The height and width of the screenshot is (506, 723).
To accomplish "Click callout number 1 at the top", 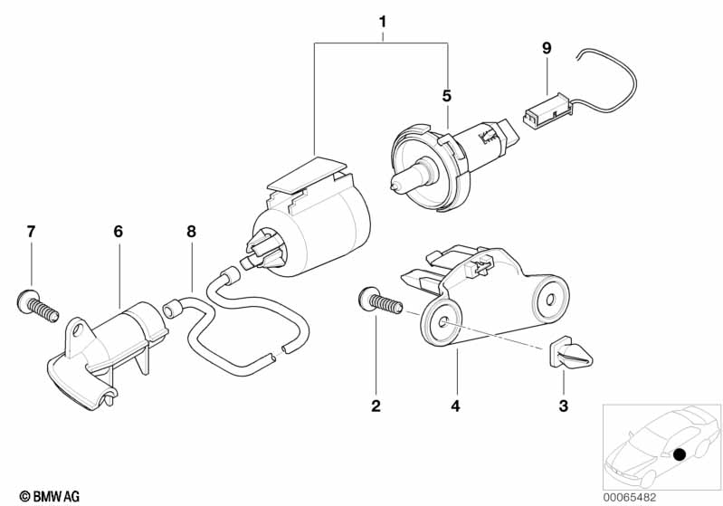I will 383,21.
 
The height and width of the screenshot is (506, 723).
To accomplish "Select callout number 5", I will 446,94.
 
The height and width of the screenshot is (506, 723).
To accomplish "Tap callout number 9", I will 546,46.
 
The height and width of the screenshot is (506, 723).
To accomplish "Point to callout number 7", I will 31,232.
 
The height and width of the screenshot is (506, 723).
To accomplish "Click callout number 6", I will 118,232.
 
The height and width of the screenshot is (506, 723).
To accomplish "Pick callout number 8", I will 191,232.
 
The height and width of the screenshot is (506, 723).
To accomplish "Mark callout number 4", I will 456,406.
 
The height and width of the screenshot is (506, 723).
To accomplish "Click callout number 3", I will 563,406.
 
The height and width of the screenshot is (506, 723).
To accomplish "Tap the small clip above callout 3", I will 561,354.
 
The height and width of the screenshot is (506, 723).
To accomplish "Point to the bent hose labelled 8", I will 240,326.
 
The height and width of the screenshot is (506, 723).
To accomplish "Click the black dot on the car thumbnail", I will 680,453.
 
